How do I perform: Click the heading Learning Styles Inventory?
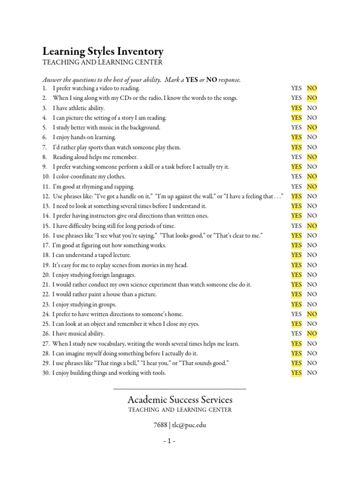pyautogui.click(x=103, y=51)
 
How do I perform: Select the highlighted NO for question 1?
pyautogui.click(x=312, y=88)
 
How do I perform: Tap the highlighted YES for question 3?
pyautogui.click(x=296, y=108)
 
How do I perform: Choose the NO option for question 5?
pyautogui.click(x=312, y=127)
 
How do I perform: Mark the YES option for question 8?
pyautogui.click(x=296, y=157)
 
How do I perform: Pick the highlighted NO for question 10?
pyautogui.click(x=312, y=177)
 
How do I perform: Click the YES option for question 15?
pyautogui.click(x=296, y=226)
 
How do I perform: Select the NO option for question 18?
pyautogui.click(x=312, y=255)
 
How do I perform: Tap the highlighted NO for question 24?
pyautogui.click(x=312, y=314)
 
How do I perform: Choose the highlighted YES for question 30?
pyautogui.click(x=296, y=373)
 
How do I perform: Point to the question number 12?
pyautogui.click(x=45, y=196)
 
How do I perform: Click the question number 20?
pyautogui.click(x=45, y=275)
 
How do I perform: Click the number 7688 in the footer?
pyautogui.click(x=160, y=425)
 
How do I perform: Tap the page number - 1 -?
pyautogui.click(x=180, y=442)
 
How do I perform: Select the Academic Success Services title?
pyautogui.click(x=180, y=400)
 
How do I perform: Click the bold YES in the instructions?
pyautogui.click(x=192, y=80)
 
